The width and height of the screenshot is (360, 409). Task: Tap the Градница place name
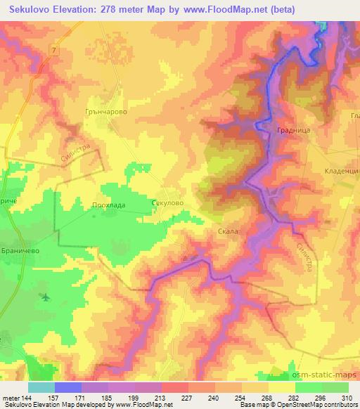click(x=291, y=131)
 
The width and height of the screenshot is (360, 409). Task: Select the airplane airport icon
click(x=46, y=297)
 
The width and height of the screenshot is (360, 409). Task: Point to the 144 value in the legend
click(x=26, y=398)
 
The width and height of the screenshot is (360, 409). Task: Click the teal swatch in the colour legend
click(x=41, y=387)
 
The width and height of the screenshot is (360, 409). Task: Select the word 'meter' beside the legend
click(x=10, y=398)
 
